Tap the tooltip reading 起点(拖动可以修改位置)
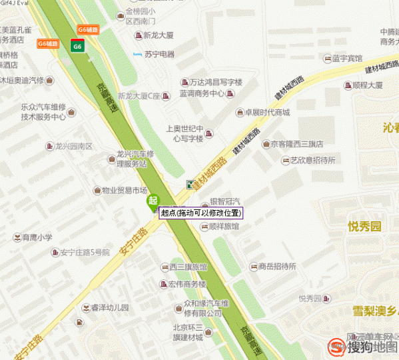click(201, 213)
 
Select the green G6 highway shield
click(77, 45)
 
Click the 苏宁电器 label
click(159, 54)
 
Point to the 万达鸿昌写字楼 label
click(211, 82)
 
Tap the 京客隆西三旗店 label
click(296, 143)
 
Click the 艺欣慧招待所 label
click(312, 161)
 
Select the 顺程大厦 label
click(367, 85)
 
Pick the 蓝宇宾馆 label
click(346, 59)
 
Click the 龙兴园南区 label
click(73, 146)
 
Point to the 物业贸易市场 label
click(124, 191)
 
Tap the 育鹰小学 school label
click(37, 237)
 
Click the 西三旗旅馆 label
click(188, 267)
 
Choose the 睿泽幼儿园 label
click(109, 307)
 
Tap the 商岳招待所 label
click(277, 266)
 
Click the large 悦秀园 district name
click(364, 227)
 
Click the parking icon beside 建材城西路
click(191, 184)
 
